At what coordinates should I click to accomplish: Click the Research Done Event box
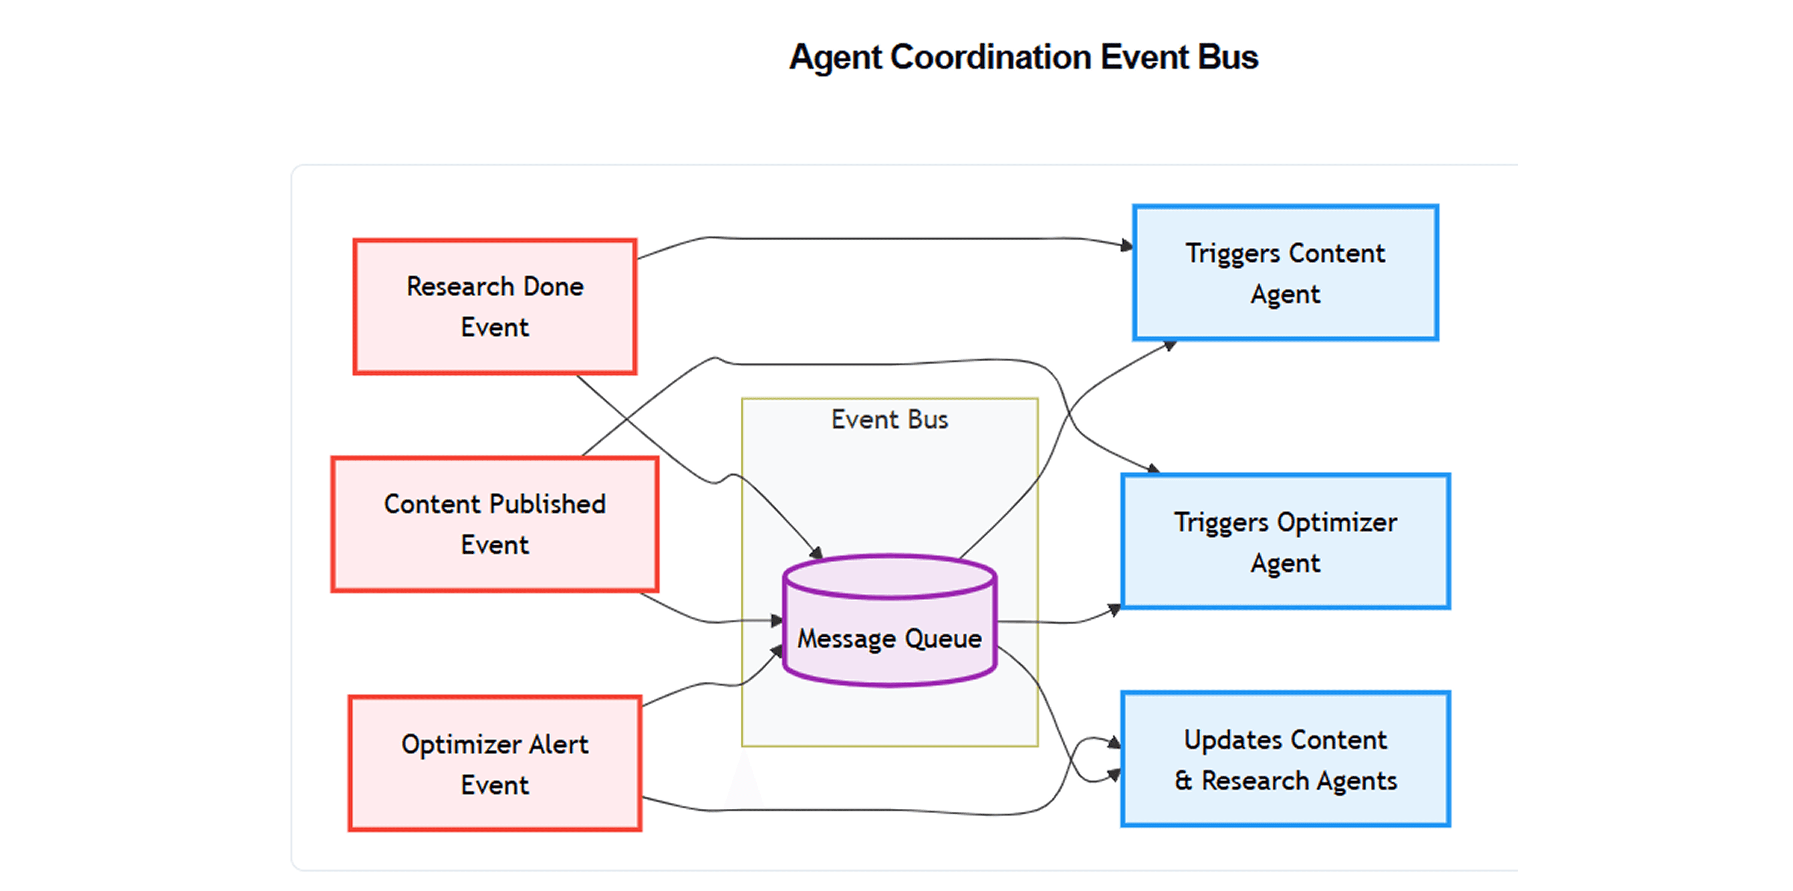point(495,307)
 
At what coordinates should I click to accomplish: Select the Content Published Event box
point(495,525)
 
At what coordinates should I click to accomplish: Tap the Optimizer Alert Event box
point(495,764)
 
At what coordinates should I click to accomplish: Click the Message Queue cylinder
point(890,620)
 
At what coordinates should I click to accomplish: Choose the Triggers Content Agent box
point(1285,273)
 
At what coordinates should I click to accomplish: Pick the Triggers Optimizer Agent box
point(1285,542)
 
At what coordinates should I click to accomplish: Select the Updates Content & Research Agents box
point(1285,760)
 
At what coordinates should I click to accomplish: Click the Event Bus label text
point(890,420)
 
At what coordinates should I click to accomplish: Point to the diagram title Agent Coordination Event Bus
point(1023,57)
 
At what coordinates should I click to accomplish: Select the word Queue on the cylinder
point(943,639)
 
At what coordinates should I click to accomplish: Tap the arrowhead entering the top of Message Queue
point(817,553)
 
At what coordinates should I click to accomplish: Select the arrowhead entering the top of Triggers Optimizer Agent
point(1153,469)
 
